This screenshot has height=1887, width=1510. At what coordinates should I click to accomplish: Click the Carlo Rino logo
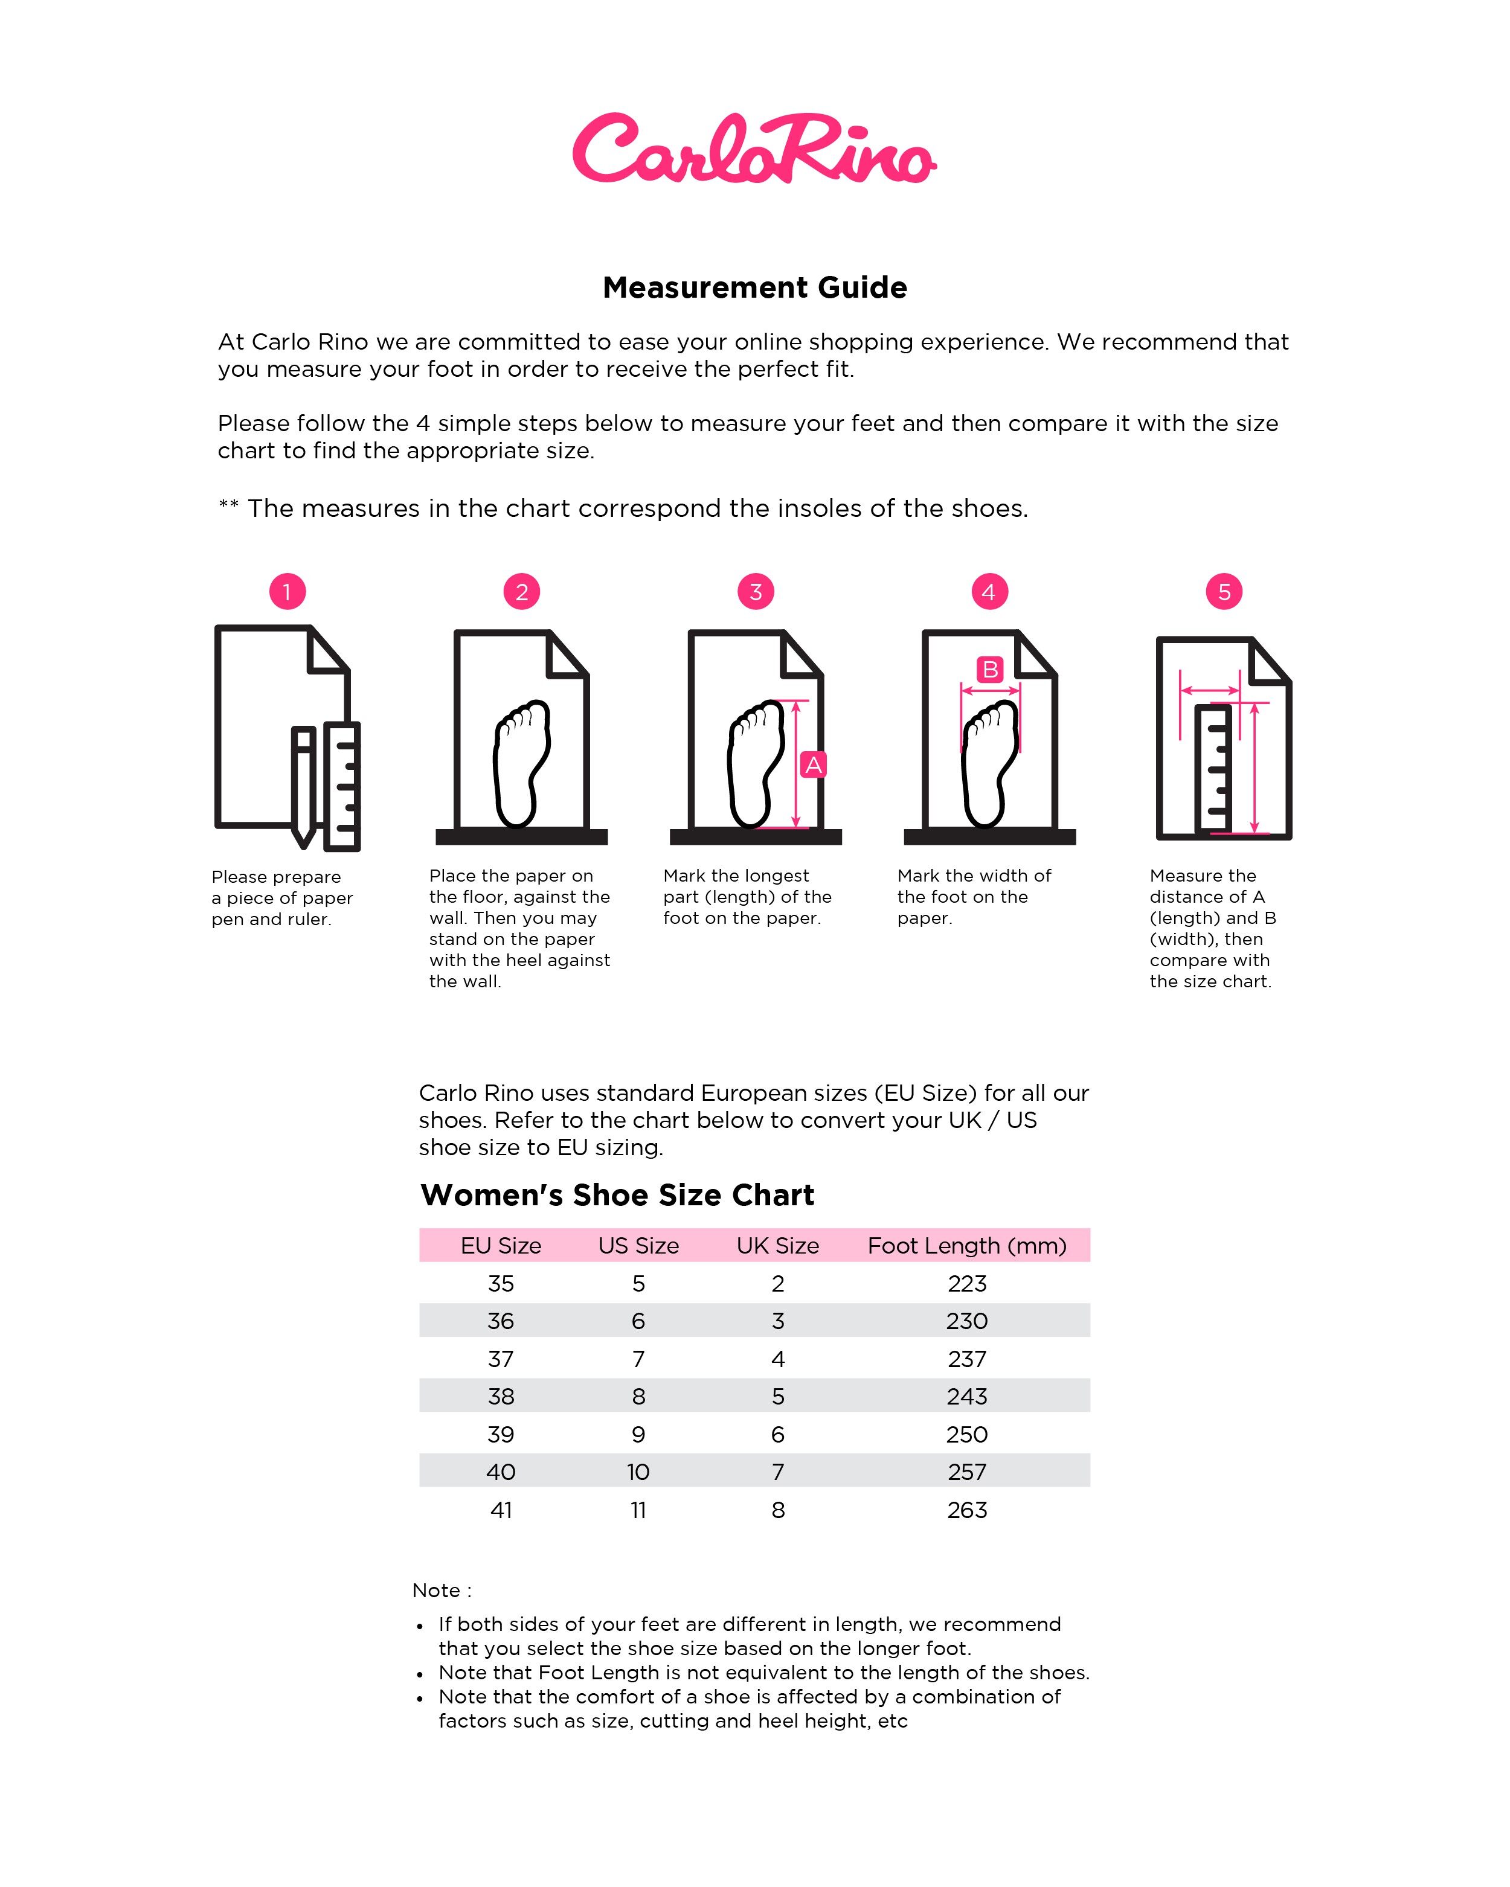click(x=754, y=149)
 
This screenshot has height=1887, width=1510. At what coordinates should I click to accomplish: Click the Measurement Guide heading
click(x=754, y=287)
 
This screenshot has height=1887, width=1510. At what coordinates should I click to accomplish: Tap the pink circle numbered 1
click(x=287, y=592)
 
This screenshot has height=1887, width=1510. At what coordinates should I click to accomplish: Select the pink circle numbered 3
click(x=756, y=592)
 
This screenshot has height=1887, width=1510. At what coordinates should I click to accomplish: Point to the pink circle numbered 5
click(x=1224, y=592)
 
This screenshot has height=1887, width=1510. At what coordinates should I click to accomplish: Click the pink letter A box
click(x=813, y=765)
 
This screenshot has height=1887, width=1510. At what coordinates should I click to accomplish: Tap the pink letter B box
click(x=990, y=670)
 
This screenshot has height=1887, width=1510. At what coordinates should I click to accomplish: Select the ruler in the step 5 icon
click(x=1213, y=769)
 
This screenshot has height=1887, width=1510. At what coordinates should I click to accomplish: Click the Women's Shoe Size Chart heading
click(x=617, y=1194)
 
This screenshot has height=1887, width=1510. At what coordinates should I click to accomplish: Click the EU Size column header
click(x=501, y=1246)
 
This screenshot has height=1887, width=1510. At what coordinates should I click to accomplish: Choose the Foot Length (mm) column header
click(x=966, y=1246)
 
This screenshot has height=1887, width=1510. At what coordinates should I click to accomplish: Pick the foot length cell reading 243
click(x=966, y=1396)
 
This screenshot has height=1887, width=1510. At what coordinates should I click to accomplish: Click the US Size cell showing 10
click(x=638, y=1472)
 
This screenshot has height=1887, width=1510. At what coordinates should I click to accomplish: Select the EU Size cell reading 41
click(x=501, y=1510)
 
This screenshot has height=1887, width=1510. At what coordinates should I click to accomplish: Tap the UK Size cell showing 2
click(x=777, y=1283)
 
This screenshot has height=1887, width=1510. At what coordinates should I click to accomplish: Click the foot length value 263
click(x=966, y=1510)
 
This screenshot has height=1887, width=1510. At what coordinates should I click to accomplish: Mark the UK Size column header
click(x=777, y=1246)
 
